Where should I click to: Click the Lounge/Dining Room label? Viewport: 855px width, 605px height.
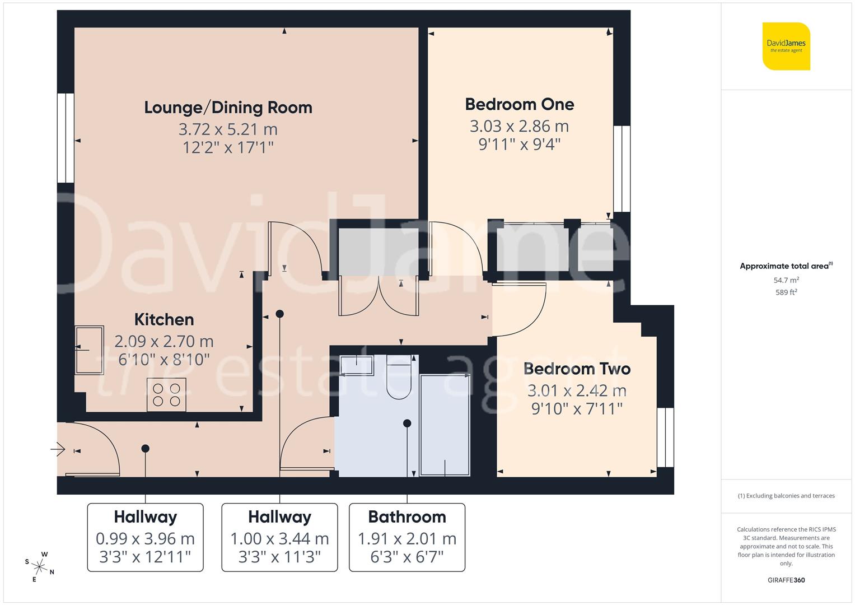click(228, 107)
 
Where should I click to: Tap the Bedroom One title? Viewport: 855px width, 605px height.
click(519, 104)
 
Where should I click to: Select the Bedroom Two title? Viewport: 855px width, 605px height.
click(577, 369)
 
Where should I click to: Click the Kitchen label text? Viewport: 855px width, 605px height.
click(164, 319)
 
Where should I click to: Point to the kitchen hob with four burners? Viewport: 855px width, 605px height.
click(166, 394)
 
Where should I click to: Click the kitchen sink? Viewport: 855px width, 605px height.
click(90, 350)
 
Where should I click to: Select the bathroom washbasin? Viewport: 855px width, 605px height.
click(357, 365)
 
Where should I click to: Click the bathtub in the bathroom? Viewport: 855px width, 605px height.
click(445, 426)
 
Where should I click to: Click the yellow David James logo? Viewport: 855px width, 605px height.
click(786, 46)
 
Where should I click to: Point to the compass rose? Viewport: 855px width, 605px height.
click(39, 566)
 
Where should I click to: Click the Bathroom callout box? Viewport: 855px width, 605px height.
click(407, 537)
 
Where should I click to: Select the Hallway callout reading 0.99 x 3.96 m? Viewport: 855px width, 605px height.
click(145, 537)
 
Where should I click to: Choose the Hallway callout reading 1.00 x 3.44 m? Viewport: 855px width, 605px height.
click(279, 537)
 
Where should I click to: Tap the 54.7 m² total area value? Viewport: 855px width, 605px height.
click(786, 280)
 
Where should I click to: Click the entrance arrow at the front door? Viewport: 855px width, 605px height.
click(58, 449)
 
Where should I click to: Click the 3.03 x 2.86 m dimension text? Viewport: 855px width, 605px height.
click(519, 126)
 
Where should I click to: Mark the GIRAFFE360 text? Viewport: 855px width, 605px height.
click(786, 580)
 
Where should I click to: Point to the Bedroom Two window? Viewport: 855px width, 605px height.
click(665, 438)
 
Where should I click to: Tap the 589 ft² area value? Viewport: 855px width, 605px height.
click(786, 292)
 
